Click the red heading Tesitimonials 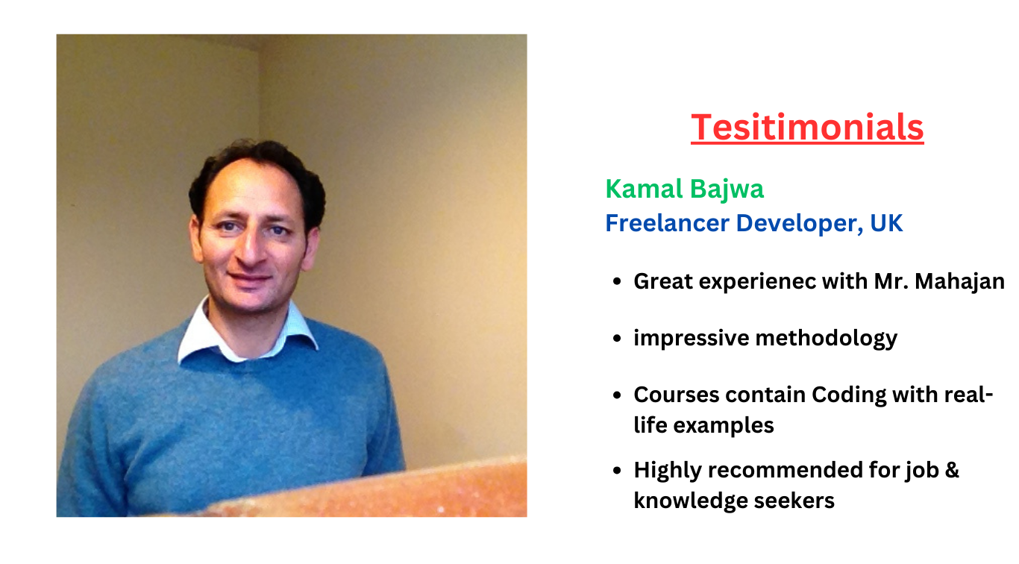coord(807,128)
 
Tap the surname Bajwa coord(727,190)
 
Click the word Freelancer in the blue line coord(668,223)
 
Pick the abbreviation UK coord(886,223)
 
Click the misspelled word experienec coord(757,282)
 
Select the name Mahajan coord(959,281)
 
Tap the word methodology coord(826,339)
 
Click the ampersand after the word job coord(952,470)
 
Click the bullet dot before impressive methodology coord(617,339)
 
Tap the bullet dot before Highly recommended coord(617,470)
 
